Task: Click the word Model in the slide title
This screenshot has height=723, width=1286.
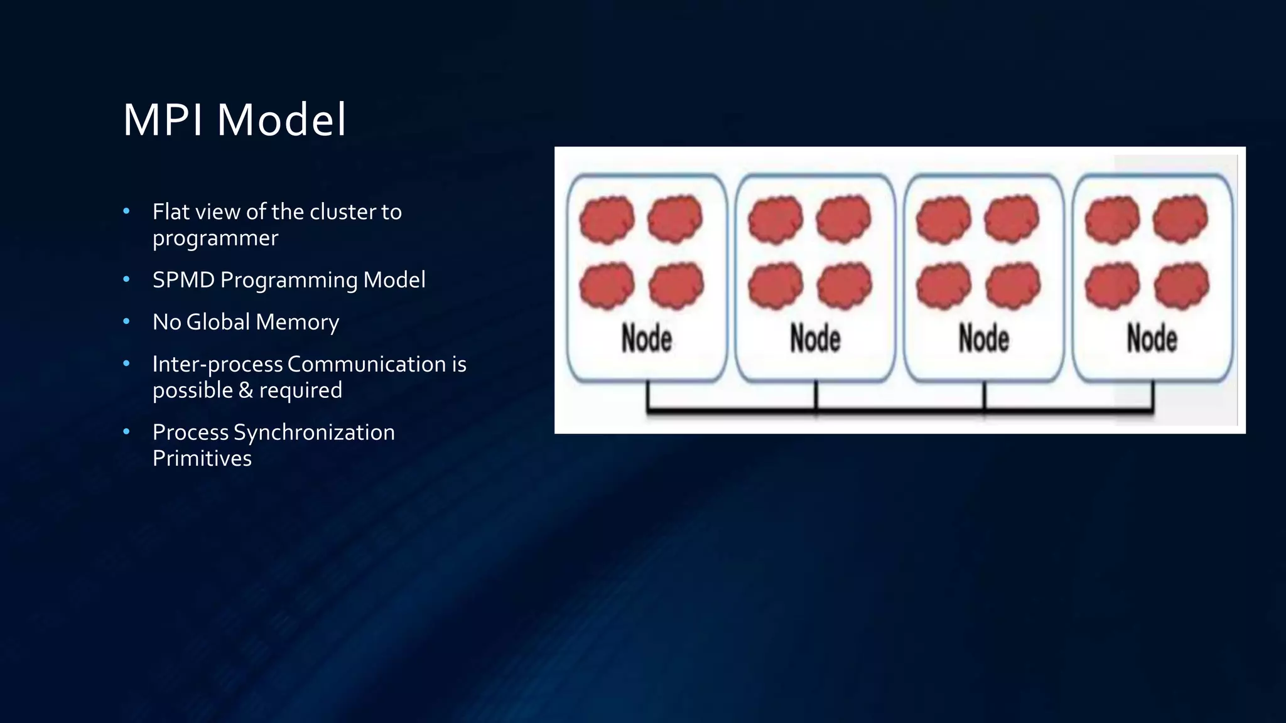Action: click(281, 120)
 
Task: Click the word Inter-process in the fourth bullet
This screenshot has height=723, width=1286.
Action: click(217, 365)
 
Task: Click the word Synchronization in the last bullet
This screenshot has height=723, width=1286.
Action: click(314, 432)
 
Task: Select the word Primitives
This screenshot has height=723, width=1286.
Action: click(202, 459)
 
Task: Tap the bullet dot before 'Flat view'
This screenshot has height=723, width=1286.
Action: click(126, 212)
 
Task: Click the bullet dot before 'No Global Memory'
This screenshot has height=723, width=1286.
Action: click(126, 321)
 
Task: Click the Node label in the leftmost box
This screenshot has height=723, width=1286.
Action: click(647, 339)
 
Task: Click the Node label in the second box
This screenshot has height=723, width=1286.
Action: click(815, 339)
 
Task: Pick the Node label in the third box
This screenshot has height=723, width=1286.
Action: click(983, 339)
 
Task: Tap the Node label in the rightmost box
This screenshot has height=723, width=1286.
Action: click(1152, 339)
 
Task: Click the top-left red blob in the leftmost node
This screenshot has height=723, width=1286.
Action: click(607, 220)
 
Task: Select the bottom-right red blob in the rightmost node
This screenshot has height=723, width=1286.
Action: click(1181, 286)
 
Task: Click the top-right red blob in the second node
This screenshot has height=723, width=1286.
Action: click(843, 219)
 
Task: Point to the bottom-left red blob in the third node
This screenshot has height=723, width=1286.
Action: click(943, 286)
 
